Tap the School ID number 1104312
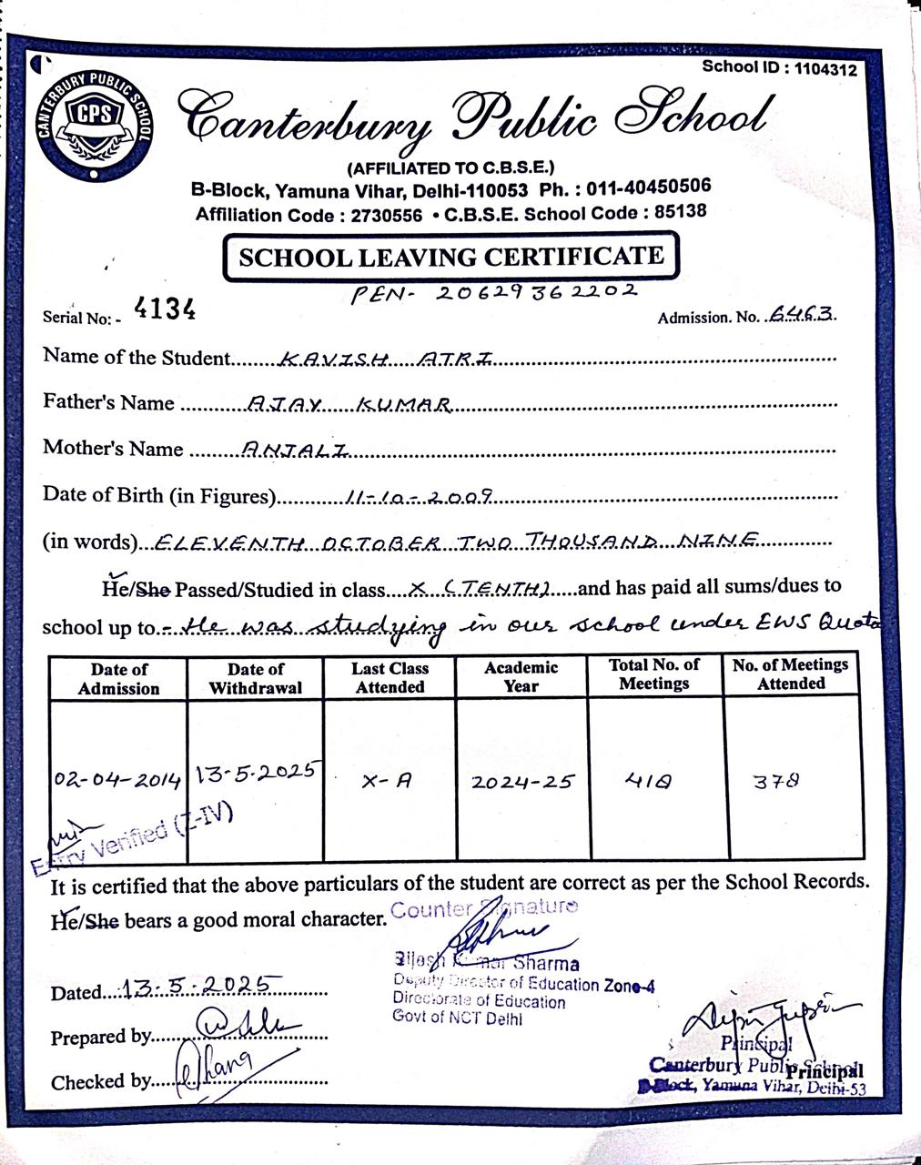[825, 68]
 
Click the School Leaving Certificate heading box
[450, 257]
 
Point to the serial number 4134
[165, 309]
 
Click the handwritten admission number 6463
[801, 314]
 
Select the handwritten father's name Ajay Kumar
[350, 405]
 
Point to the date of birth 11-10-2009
[420, 497]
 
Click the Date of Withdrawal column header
[255, 678]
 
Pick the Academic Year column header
[521, 676]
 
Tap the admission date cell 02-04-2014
[117, 780]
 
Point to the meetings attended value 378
[777, 780]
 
